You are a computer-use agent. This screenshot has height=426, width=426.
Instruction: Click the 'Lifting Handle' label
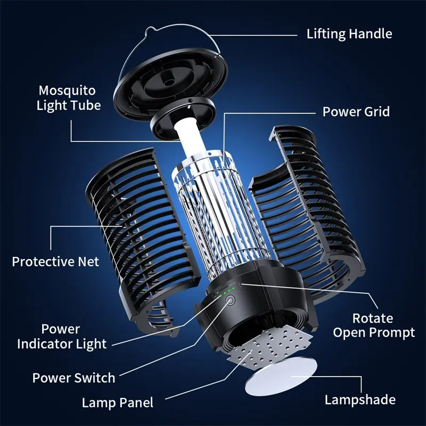click(349, 34)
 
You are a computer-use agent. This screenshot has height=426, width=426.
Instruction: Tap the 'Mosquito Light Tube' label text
click(69, 97)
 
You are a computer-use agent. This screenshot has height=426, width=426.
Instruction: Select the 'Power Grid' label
click(356, 112)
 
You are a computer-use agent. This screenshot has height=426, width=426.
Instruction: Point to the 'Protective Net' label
click(55, 261)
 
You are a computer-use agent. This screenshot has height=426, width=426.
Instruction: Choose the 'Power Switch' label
click(73, 378)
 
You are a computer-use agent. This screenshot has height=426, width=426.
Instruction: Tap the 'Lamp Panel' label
click(117, 403)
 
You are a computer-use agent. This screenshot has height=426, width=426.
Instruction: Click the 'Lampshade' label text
click(360, 399)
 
